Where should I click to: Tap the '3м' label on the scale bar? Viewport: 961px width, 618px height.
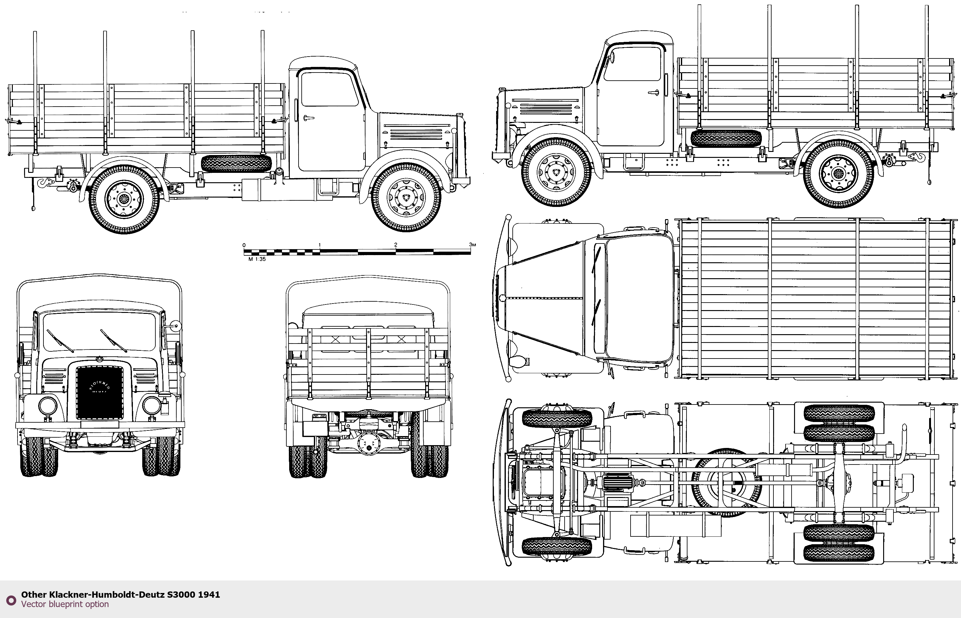click(472, 244)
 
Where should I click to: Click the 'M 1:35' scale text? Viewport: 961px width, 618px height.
click(257, 259)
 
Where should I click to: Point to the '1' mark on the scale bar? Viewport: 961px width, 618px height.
click(320, 244)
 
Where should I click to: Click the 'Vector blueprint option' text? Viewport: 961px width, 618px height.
click(65, 604)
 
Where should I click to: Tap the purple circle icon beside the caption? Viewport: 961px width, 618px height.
click(11, 600)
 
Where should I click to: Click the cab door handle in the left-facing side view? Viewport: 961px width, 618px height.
click(654, 93)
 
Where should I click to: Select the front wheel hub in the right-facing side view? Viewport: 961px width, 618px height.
click(406, 197)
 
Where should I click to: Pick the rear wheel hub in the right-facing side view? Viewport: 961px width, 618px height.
click(123, 198)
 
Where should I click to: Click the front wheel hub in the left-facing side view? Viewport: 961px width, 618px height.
click(556, 172)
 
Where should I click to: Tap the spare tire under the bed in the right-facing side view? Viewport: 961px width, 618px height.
click(236, 163)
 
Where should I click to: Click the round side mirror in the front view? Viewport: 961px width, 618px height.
click(175, 325)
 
